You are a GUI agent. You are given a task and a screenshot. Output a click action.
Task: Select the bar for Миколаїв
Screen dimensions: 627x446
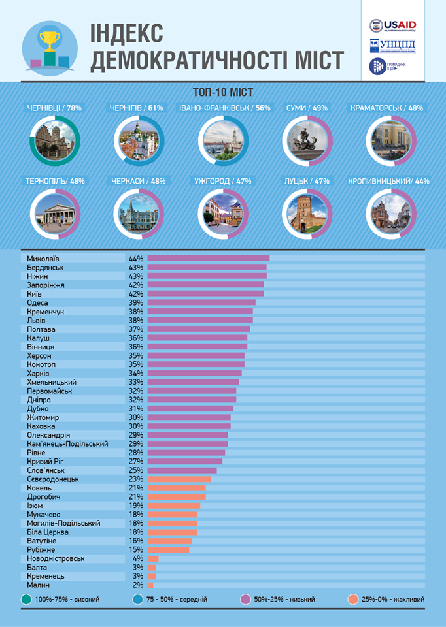coord(208,258)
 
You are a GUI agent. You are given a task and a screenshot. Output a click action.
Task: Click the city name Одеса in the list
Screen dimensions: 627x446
coord(38,302)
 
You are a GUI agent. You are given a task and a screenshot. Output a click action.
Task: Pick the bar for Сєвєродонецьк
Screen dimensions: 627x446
coord(179,479)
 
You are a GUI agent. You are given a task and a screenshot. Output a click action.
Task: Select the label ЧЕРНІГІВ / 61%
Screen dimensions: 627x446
coord(138,108)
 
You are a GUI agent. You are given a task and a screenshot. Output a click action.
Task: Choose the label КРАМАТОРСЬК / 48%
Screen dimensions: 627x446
coord(386,108)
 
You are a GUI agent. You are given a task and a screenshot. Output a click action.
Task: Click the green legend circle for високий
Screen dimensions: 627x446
coord(26,599)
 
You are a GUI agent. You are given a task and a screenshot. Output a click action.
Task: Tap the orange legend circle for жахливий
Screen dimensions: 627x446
coord(353,599)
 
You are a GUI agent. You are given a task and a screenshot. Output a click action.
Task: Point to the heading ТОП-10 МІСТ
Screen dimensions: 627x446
coord(223,92)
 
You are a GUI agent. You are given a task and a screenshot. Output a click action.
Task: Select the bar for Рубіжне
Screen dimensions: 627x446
coord(168,550)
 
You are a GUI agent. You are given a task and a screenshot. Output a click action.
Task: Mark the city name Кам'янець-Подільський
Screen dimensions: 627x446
coord(68,443)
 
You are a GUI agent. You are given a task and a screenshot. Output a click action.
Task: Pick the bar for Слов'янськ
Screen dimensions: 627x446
coord(182,470)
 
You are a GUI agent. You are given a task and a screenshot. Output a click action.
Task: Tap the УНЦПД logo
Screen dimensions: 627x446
coord(392,46)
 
